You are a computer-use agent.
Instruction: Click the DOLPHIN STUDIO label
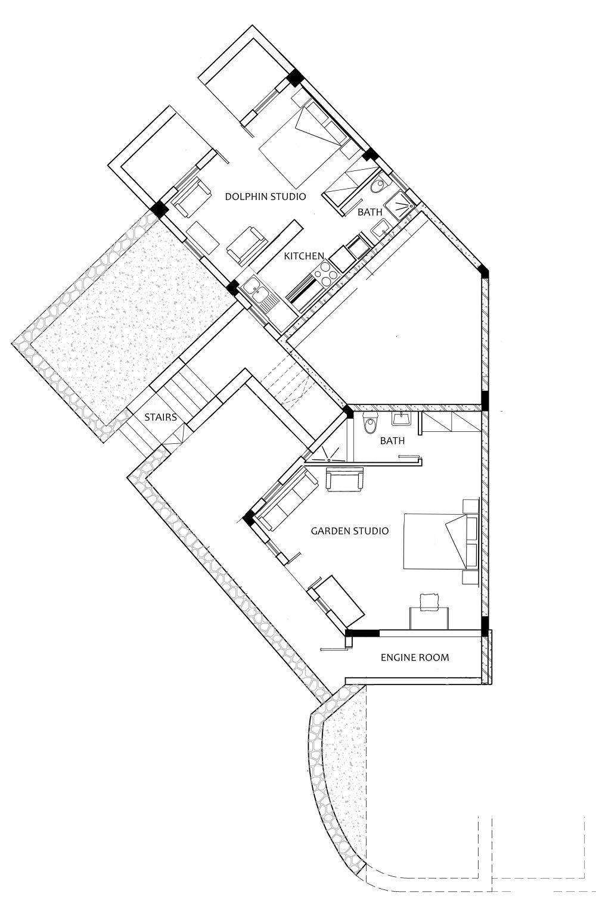(x=265, y=196)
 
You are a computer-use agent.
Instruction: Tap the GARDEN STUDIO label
(x=350, y=530)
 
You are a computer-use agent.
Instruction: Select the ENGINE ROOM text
(x=415, y=657)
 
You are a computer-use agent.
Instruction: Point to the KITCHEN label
(x=304, y=256)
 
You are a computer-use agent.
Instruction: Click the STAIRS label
(x=160, y=417)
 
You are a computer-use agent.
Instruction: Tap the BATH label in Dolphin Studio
(x=370, y=211)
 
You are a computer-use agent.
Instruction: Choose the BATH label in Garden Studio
(x=392, y=441)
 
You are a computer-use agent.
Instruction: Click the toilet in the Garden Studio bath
(x=370, y=424)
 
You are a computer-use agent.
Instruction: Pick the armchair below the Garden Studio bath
(x=344, y=480)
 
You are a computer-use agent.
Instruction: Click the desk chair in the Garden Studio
(x=429, y=602)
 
